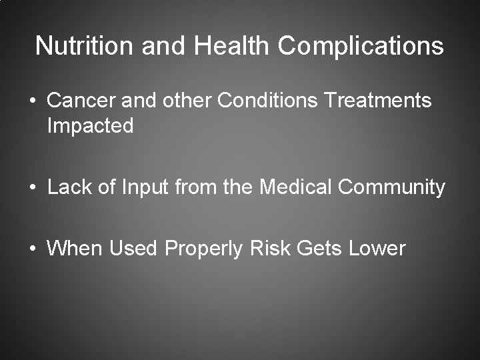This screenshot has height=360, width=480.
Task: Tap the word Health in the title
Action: tap(231, 46)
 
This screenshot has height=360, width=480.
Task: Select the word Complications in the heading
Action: tap(361, 47)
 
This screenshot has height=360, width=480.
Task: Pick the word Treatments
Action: tap(378, 101)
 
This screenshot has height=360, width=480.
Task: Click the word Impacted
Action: tap(90, 126)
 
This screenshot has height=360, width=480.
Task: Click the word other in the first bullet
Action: tap(186, 101)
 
